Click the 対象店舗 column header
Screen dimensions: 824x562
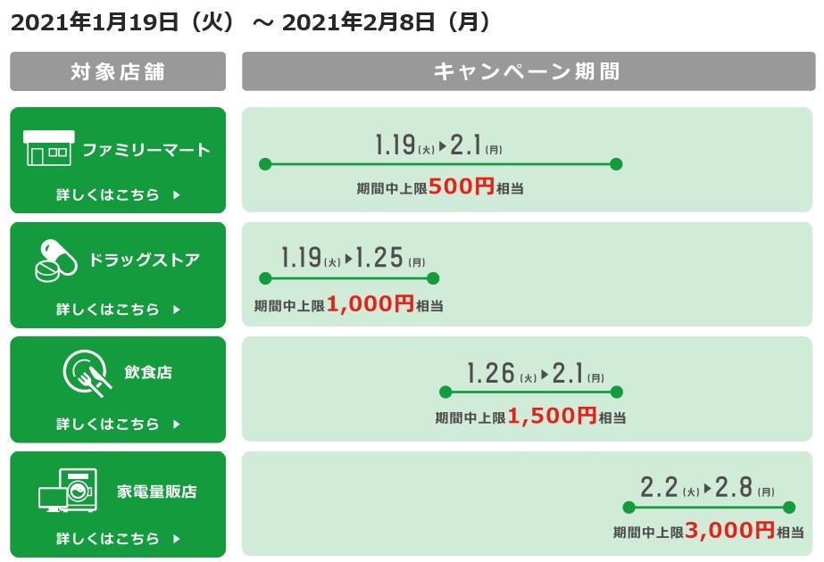[118, 71]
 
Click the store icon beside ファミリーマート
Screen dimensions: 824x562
[49, 148]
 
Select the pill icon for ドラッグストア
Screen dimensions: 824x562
[56, 260]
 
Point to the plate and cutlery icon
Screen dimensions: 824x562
[87, 372]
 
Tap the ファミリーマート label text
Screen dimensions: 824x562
[146, 150]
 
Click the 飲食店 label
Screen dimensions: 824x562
[148, 372]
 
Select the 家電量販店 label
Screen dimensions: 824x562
[156, 492]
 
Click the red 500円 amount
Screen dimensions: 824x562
[462, 186]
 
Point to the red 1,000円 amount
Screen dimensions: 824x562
[370, 303]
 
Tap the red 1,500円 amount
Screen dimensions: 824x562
[552, 416]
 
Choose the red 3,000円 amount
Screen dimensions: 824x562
[730, 531]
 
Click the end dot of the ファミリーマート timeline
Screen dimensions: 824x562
[616, 164]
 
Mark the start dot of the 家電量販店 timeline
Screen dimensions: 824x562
[628, 508]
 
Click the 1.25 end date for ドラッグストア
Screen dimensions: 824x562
[379, 258]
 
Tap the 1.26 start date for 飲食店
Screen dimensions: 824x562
[491, 373]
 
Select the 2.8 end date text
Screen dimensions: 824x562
[734, 487]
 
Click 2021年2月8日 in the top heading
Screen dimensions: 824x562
[358, 22]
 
